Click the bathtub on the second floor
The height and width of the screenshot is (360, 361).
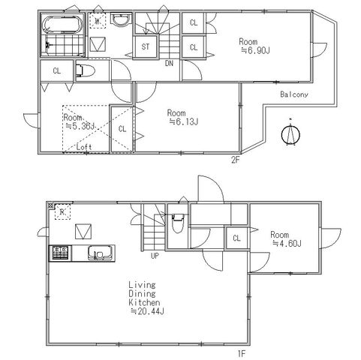point(63,25)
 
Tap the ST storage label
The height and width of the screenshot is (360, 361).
point(146,46)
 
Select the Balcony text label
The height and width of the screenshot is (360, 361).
point(294,94)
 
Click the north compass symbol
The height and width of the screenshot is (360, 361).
point(290,133)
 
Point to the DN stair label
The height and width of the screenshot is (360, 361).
point(169,64)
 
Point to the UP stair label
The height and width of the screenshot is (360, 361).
point(155,256)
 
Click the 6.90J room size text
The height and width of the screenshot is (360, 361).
point(255,51)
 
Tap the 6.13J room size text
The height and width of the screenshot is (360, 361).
point(184,122)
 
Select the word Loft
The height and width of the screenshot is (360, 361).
point(84,147)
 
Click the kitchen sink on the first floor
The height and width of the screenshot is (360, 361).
point(100,253)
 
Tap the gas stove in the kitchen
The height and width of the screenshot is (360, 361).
point(60,253)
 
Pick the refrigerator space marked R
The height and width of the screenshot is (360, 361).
point(62,212)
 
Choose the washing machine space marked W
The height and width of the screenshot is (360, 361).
point(98,21)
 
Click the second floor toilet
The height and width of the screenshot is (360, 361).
point(85,70)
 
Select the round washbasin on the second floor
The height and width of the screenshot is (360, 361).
point(122,20)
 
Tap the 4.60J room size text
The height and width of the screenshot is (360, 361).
point(287,243)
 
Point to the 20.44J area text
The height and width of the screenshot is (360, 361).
point(148,311)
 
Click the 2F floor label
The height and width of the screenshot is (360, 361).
point(236,160)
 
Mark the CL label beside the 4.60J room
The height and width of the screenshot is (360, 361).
point(236,238)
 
